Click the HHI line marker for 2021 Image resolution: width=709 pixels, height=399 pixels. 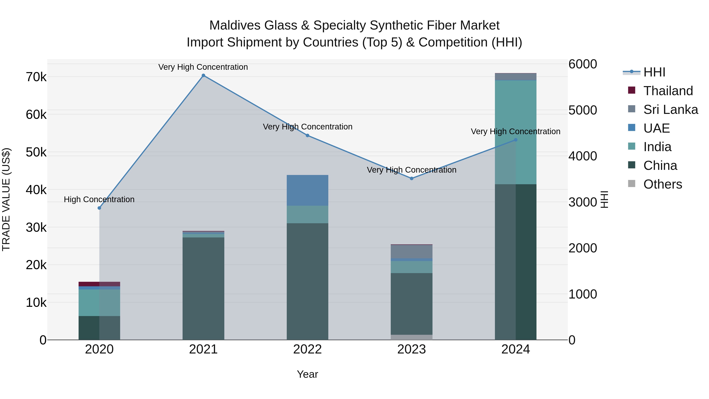(x=203, y=75)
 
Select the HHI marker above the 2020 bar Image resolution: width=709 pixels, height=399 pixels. (x=99, y=208)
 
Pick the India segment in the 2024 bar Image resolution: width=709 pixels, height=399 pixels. (x=516, y=132)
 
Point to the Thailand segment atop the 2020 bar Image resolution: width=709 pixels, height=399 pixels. (x=99, y=284)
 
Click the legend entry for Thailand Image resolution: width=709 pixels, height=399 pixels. (x=668, y=91)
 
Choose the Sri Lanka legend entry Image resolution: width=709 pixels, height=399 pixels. (x=670, y=110)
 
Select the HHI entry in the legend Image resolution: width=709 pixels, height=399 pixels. (x=654, y=72)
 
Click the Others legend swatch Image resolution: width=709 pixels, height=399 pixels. (x=632, y=184)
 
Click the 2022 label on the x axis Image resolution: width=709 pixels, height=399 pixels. (x=307, y=349)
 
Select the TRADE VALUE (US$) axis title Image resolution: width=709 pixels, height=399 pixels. (x=6, y=199)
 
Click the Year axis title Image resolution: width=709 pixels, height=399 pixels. (x=307, y=374)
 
